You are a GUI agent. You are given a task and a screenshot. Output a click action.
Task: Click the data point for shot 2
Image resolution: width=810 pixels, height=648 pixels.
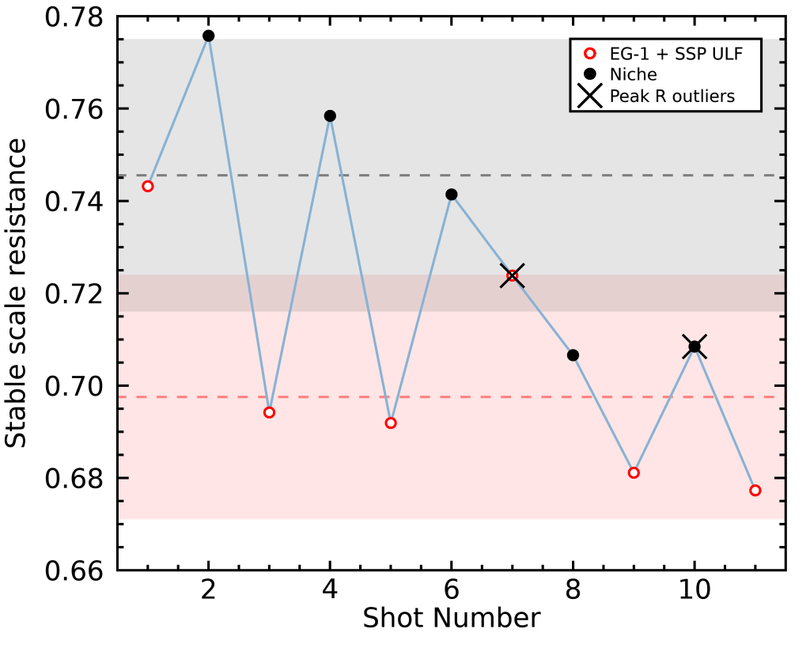click(209, 36)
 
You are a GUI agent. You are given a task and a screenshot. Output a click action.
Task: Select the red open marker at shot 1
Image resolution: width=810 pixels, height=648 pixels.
click(148, 186)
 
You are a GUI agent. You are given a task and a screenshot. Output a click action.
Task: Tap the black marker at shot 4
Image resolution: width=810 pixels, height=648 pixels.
click(330, 116)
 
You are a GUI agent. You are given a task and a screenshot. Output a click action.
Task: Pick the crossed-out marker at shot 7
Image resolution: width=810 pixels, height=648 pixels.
click(513, 276)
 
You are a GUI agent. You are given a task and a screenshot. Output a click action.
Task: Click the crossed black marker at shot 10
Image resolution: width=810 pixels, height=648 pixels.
click(695, 347)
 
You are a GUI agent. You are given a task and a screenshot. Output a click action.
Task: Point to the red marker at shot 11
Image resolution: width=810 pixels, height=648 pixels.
click(755, 491)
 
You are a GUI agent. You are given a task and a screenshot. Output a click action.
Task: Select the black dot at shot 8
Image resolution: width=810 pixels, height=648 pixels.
click(573, 355)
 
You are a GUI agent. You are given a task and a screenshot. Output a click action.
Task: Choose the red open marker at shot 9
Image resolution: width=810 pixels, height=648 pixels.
click(634, 472)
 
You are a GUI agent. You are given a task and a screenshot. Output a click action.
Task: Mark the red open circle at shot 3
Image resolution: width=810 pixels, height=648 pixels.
click(270, 412)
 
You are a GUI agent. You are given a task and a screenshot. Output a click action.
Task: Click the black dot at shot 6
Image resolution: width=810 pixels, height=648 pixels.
click(452, 195)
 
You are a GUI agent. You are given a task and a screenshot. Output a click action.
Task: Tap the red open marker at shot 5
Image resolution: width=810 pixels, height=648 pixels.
click(391, 423)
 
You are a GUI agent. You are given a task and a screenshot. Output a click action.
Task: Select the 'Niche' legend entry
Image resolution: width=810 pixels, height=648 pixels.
click(633, 74)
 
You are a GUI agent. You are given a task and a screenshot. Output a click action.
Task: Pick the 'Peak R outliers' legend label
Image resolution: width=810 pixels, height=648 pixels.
click(672, 97)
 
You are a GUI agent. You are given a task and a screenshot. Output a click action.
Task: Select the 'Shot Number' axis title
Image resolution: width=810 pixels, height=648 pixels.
click(451, 618)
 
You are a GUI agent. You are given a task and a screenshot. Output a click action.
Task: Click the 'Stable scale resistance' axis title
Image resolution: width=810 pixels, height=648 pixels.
click(16, 294)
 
